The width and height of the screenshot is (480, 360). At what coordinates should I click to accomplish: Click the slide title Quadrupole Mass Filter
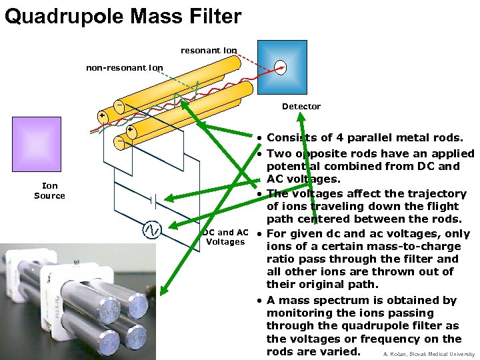123,15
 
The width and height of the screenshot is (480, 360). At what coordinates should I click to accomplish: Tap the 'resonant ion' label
208,50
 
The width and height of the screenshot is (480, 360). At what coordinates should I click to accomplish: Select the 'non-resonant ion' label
124,67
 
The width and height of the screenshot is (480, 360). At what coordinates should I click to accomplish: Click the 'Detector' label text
301,106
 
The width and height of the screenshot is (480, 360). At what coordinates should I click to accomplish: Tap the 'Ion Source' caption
49,191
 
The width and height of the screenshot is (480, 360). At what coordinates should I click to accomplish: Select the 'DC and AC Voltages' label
226,237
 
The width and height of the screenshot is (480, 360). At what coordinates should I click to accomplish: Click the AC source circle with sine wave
152,230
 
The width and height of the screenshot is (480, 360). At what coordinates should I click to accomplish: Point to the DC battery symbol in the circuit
153,199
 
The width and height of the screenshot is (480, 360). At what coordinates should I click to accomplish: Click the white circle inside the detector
280,66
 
